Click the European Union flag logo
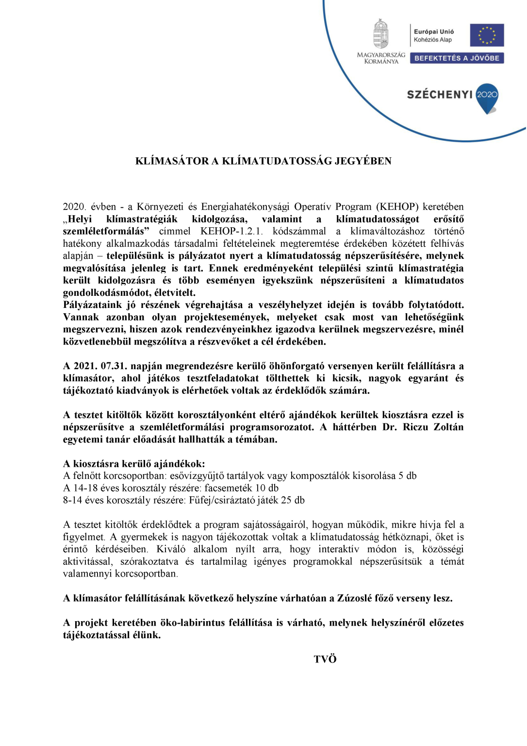[487, 35]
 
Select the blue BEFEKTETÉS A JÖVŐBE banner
[457, 58]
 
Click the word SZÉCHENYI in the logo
[439, 95]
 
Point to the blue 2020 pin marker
[487, 97]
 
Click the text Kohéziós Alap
[432, 40]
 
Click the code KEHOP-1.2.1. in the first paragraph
[231, 232]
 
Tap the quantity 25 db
[293, 500]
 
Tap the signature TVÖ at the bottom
[325, 660]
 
